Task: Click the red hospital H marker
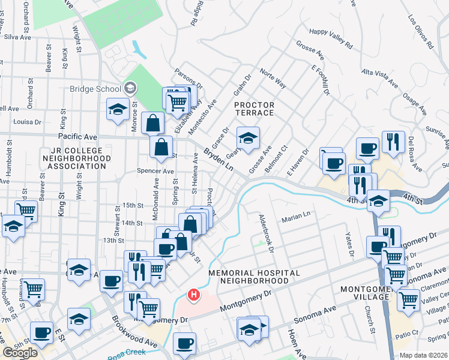(x=193, y=295)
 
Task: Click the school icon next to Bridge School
(x=130, y=89)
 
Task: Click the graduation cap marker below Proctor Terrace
(x=247, y=138)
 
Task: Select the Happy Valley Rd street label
(x=330, y=37)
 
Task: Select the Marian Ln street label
(x=298, y=215)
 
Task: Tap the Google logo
(x=20, y=352)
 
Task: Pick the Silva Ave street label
(x=17, y=37)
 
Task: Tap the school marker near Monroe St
(x=117, y=109)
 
